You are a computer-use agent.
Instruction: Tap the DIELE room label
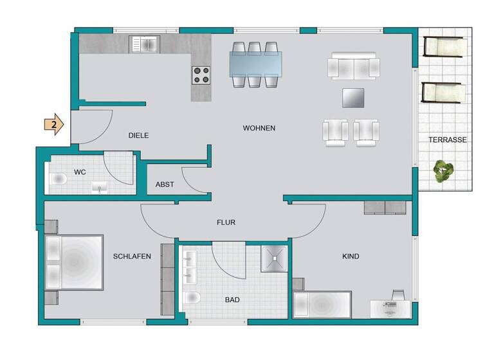(138, 136)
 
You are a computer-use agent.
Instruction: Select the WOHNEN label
(259, 129)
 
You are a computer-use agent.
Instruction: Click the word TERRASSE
(448, 139)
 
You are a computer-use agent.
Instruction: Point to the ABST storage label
(165, 184)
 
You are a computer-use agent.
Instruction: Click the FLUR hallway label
(226, 222)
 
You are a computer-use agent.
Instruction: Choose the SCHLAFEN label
(132, 256)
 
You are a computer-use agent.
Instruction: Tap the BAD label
(232, 300)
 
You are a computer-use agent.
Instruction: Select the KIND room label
(351, 256)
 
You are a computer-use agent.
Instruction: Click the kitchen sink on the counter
(144, 44)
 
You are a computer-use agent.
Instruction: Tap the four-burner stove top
(201, 75)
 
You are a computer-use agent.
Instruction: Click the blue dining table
(255, 64)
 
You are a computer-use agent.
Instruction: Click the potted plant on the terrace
(443, 172)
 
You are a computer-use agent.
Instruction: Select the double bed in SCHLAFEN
(74, 263)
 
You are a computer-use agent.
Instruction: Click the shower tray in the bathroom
(275, 258)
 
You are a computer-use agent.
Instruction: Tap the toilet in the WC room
(59, 179)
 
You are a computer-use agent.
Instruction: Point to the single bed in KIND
(322, 304)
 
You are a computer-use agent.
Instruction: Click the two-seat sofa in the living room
(354, 67)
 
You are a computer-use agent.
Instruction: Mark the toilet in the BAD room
(192, 298)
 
